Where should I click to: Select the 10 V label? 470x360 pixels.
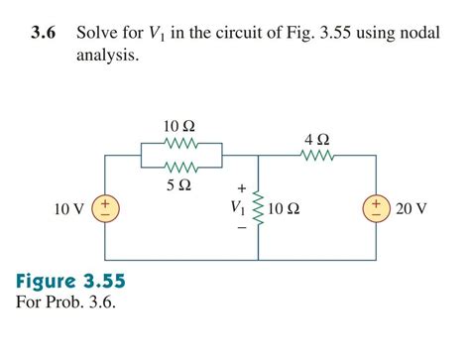coord(68,209)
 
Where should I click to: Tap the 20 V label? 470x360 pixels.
coord(411,209)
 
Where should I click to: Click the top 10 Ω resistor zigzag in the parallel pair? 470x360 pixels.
coord(179,143)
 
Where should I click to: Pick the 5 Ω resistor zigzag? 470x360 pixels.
coord(179,167)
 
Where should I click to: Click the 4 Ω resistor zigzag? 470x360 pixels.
coord(317,155)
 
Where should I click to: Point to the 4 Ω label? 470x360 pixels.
coord(317,138)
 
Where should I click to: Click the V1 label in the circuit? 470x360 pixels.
coord(236,208)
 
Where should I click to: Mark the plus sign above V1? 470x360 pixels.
coord(240,187)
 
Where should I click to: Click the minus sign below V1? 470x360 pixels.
coord(240,228)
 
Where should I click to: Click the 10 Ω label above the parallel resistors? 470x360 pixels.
coord(179,126)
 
